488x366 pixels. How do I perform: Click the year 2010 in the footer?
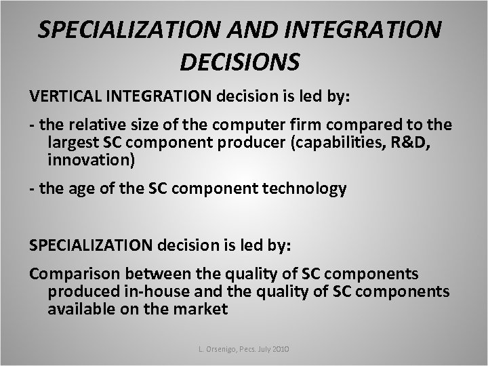coord(281,348)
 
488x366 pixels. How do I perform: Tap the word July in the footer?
coord(260,348)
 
